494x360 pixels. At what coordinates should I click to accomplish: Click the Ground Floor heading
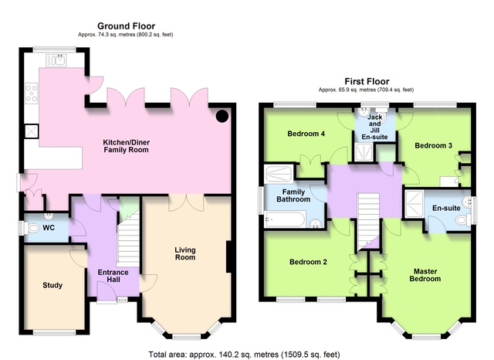(126, 25)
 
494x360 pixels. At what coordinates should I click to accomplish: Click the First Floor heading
(367, 81)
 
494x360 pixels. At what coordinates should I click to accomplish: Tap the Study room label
(52, 285)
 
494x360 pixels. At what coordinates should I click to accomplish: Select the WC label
(49, 228)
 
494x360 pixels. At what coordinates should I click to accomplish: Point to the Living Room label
(185, 253)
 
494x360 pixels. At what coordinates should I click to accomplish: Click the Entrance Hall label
(113, 276)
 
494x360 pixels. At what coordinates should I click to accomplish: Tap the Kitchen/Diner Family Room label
(127, 146)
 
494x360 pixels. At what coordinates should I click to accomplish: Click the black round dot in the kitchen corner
(222, 116)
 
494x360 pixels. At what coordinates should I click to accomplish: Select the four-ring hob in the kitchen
(32, 93)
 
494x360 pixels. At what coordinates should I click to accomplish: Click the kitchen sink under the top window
(56, 60)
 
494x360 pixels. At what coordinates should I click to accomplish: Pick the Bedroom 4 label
(306, 134)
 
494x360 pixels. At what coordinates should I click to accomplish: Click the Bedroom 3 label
(433, 145)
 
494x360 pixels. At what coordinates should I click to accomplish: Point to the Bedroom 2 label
(308, 262)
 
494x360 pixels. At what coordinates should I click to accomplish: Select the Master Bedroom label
(425, 275)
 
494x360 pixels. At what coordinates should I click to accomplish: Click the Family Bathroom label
(293, 195)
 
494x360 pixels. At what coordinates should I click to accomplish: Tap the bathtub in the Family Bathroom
(285, 219)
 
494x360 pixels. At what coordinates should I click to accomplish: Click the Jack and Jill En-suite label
(374, 127)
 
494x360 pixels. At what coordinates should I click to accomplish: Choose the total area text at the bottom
(244, 355)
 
